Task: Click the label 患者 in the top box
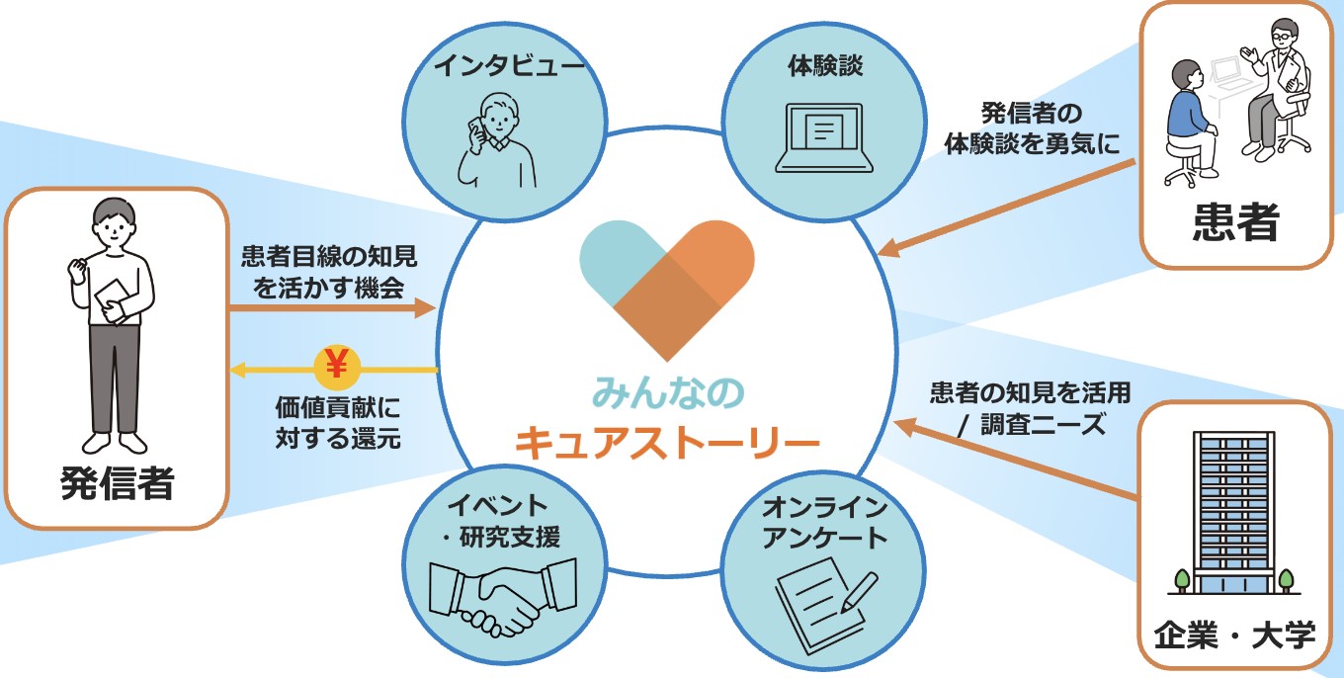coord(1234,223)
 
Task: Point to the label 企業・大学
coord(1235,634)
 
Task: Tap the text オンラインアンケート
coord(825,524)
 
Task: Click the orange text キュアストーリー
coord(667,442)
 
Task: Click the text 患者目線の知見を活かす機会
coord(329,272)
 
